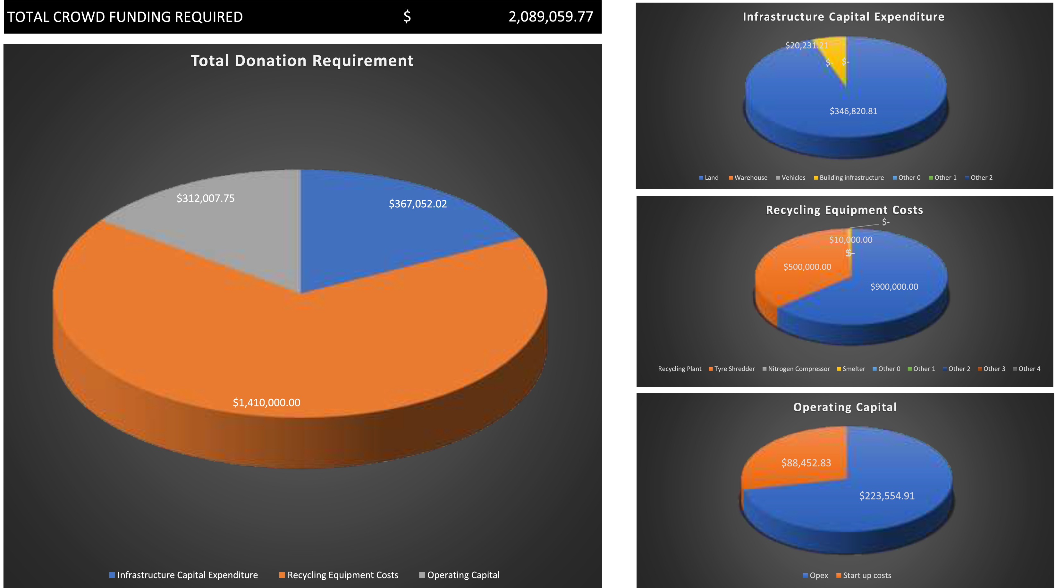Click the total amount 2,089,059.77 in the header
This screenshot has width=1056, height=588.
point(551,17)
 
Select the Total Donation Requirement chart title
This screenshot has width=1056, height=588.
point(302,61)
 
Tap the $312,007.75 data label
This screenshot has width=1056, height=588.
point(205,199)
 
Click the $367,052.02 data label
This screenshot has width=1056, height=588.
point(418,204)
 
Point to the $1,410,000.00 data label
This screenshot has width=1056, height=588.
point(266,403)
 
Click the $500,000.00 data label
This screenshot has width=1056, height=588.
point(807,267)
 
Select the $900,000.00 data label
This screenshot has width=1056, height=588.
point(894,286)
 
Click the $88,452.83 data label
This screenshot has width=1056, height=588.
point(806,463)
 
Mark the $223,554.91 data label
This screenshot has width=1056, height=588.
point(887,496)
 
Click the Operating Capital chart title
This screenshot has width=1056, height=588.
point(845,407)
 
